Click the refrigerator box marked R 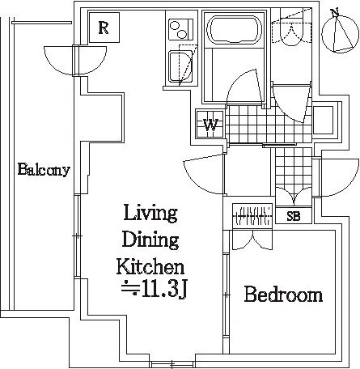click(x=104, y=28)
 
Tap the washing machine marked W click(x=210, y=125)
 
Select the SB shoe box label click(x=294, y=216)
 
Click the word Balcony click(x=44, y=170)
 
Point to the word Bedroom click(x=283, y=295)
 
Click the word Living click(x=150, y=213)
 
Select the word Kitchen click(x=150, y=266)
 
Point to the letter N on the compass click(x=335, y=12)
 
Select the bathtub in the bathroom click(x=234, y=30)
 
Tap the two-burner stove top click(x=180, y=29)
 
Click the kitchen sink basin click(x=180, y=66)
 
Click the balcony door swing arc click(x=75, y=61)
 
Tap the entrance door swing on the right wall click(x=339, y=178)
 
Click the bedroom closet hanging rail click(x=252, y=215)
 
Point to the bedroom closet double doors click(x=252, y=240)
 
